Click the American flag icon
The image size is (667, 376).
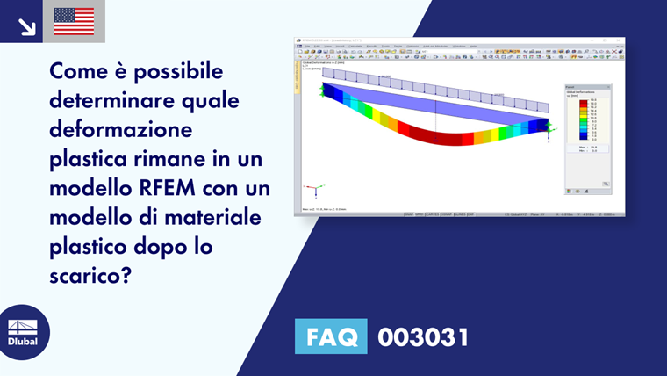[x=74, y=21]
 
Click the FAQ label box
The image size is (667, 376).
[x=331, y=336]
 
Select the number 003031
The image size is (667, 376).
[x=422, y=337]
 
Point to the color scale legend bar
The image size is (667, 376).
[x=582, y=120]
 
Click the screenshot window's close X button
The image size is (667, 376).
[x=620, y=41]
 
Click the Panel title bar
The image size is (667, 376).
[x=586, y=86]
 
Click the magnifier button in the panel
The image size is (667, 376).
[x=605, y=184]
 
